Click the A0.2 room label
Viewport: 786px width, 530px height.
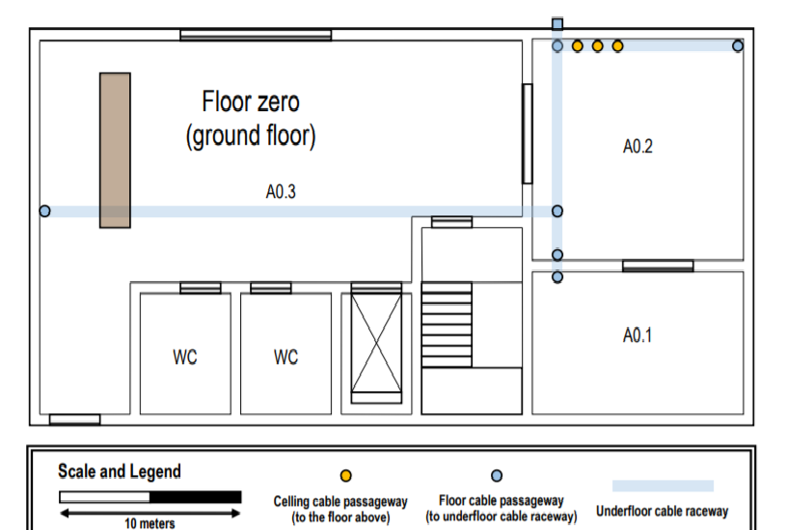click(637, 147)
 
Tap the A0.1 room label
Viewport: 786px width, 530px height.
click(637, 335)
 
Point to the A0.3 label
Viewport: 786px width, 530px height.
click(281, 192)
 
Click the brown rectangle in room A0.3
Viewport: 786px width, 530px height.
click(116, 151)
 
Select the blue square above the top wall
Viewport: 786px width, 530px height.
click(557, 23)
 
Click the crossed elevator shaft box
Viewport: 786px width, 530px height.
click(376, 344)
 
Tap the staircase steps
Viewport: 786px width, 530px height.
click(447, 324)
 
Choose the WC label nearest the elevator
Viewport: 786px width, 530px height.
click(285, 357)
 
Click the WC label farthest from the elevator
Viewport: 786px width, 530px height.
click(185, 357)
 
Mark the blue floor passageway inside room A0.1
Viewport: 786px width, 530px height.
click(557, 277)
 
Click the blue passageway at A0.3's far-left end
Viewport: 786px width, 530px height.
click(45, 211)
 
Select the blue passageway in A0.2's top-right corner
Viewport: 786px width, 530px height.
click(738, 46)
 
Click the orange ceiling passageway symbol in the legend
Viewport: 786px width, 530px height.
click(346, 475)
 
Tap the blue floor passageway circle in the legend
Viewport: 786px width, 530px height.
click(497, 475)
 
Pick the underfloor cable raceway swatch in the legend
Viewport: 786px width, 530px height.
click(663, 486)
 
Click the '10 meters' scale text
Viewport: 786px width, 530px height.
click(149, 523)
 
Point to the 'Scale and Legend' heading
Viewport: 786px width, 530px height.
click(120, 471)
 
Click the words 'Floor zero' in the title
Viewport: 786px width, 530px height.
click(251, 101)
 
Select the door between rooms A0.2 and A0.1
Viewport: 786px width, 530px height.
click(658, 266)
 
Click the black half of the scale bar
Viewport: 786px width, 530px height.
click(196, 497)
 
